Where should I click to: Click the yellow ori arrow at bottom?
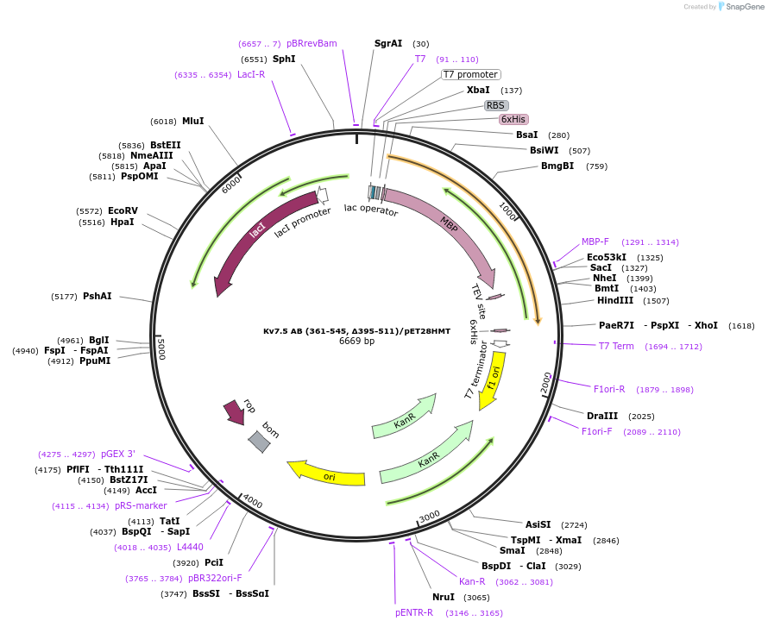pos(328,473)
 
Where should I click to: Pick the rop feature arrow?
pos(234,411)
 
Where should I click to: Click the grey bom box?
pos(259,442)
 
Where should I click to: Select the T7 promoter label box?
pos(470,74)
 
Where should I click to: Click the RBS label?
pos(495,105)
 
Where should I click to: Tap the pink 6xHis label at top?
pos(513,119)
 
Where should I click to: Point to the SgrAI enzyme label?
pos(388,43)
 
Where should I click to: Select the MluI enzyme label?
pos(193,122)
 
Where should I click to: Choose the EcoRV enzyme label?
pos(123,210)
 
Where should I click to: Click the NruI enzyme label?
pos(444,597)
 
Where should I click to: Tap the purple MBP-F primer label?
pos(595,242)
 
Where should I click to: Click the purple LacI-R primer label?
pos(251,75)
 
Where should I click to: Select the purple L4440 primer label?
pos(190,547)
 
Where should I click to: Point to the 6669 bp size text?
pos(356,342)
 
